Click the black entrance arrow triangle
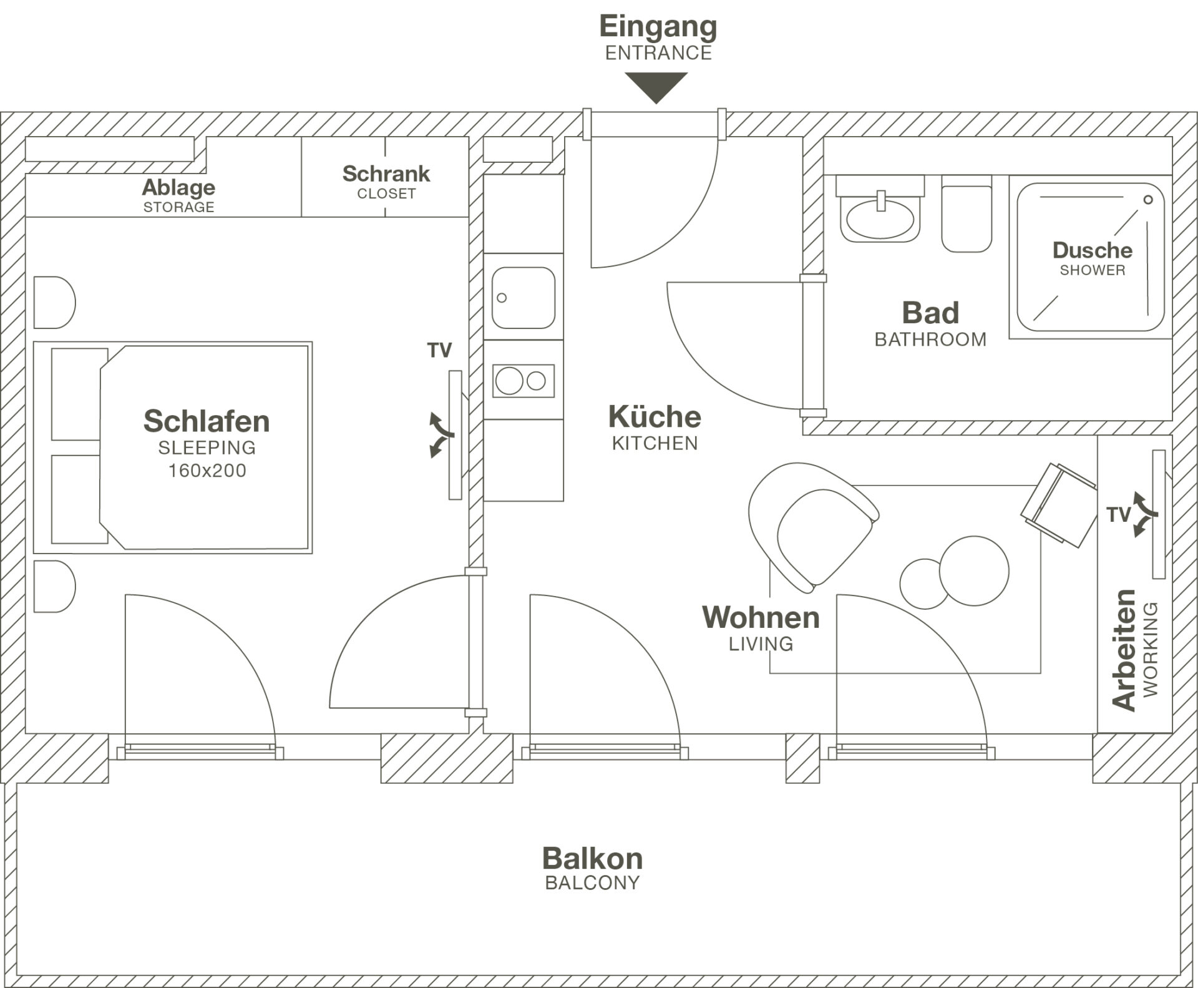(x=656, y=86)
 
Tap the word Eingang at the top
(x=658, y=27)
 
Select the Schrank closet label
(x=386, y=174)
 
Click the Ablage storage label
(x=178, y=187)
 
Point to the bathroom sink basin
(x=880, y=219)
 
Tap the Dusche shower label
(x=1093, y=250)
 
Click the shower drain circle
(x=1147, y=200)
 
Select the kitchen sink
(x=523, y=298)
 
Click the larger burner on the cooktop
(x=509, y=381)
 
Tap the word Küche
(x=655, y=417)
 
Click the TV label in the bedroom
(x=439, y=351)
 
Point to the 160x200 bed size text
(x=207, y=471)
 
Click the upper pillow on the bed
(x=77, y=394)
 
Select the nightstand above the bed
(x=54, y=303)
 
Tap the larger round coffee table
(x=974, y=570)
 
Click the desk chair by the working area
(x=1059, y=504)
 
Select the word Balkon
(x=592, y=859)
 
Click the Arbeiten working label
(x=1125, y=650)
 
